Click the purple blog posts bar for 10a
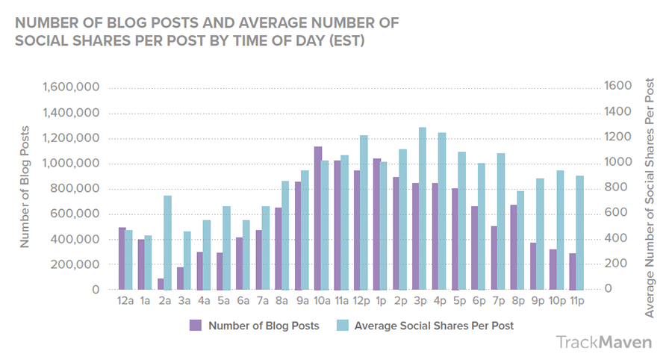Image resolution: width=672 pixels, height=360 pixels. coord(318,218)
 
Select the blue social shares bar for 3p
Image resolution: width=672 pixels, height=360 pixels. coord(423,208)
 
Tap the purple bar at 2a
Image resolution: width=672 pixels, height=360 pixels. coord(161,284)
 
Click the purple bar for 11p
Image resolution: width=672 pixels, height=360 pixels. coord(573,271)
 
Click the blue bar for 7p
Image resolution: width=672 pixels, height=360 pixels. coord(500,221)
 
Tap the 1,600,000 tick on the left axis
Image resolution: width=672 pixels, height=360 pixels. coord(72,87)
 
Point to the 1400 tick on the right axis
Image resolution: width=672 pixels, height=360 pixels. coord(619,113)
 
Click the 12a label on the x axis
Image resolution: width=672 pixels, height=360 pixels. coord(125,302)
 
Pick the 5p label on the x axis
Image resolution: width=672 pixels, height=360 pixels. coord(459,302)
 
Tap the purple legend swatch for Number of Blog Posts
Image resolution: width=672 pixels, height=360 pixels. coord(196,325)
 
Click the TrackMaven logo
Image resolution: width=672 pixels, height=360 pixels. coord(603,342)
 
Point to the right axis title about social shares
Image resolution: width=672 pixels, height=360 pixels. coord(650,197)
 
